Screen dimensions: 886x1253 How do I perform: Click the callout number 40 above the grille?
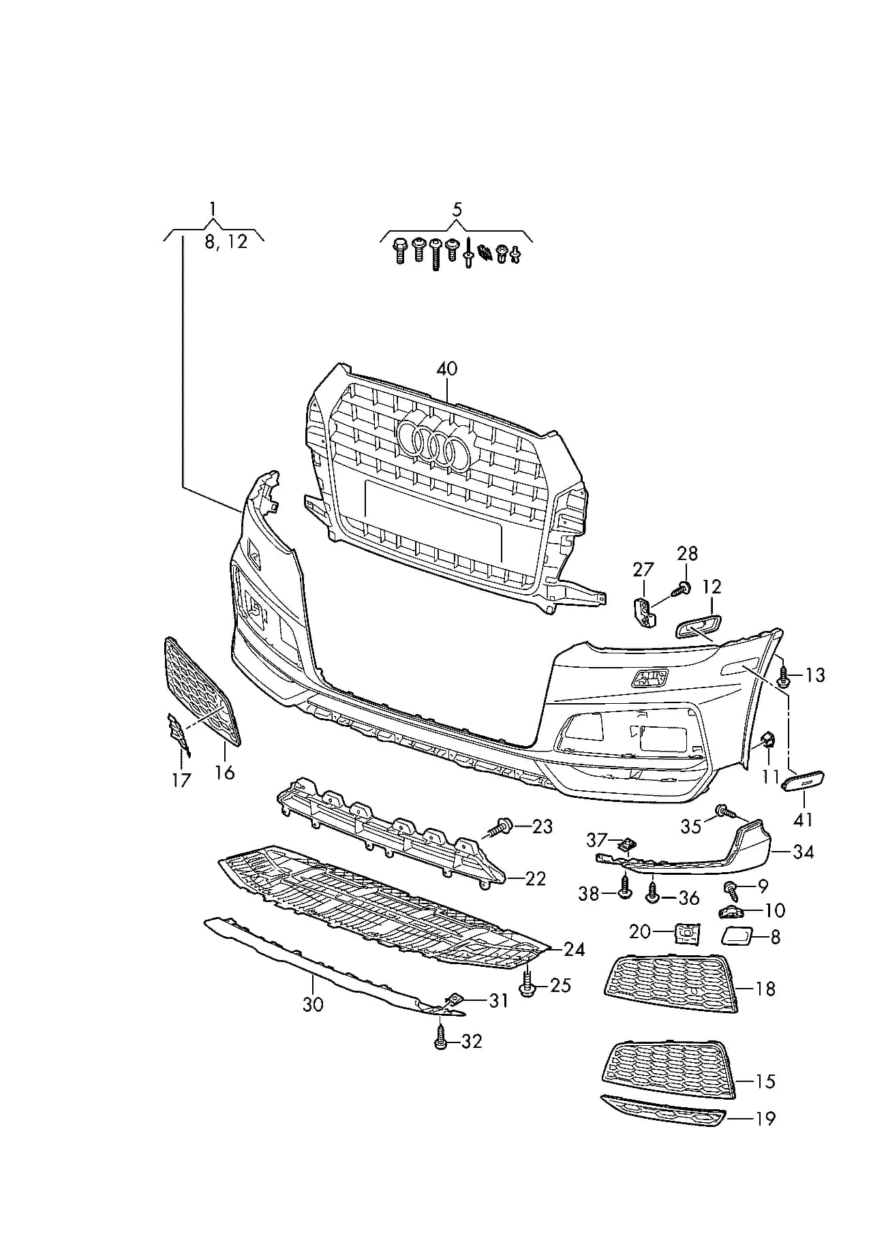(x=447, y=369)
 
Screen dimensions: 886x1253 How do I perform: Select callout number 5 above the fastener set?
(x=457, y=209)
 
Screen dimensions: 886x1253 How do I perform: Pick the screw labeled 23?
(x=500, y=827)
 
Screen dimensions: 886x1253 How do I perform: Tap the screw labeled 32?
(x=440, y=1040)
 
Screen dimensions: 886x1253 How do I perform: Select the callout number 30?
(x=313, y=1004)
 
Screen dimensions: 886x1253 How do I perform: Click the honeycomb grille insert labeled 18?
(x=671, y=984)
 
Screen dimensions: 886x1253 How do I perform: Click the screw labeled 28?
(x=682, y=588)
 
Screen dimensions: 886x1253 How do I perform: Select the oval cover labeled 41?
(x=803, y=781)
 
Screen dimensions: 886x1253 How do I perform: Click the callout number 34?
(x=804, y=852)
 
